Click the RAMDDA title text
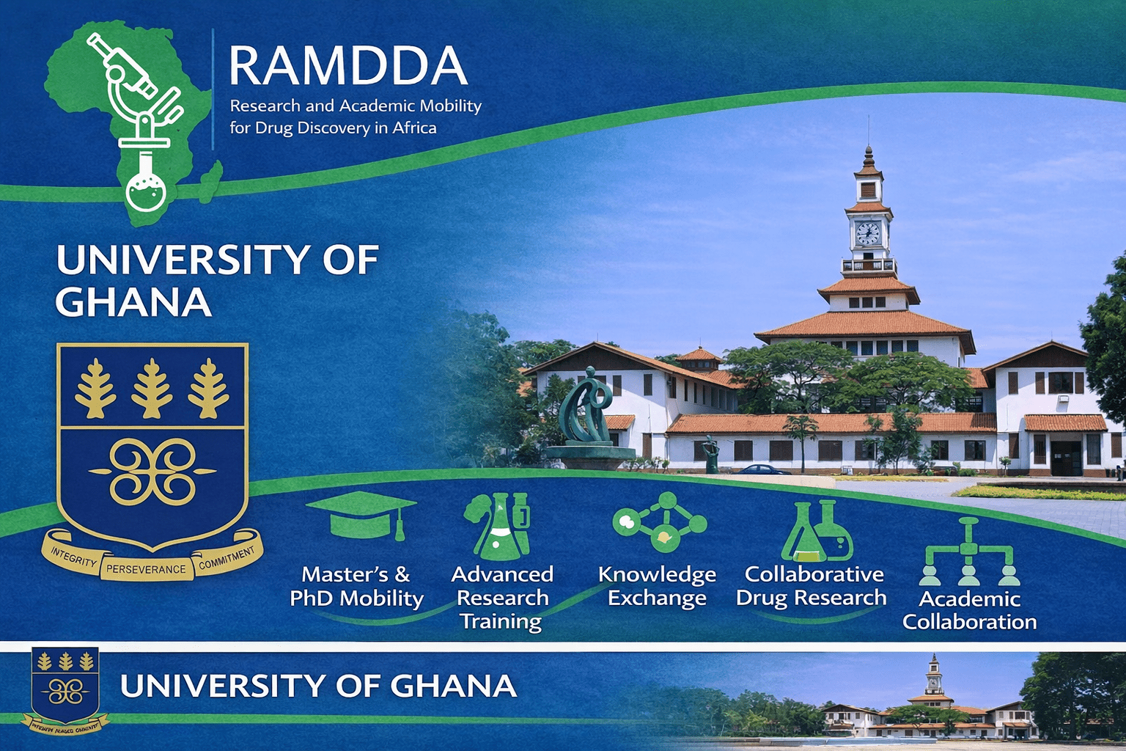[x=347, y=66]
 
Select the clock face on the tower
[x=868, y=234]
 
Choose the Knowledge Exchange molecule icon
[x=660, y=521]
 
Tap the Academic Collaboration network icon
[x=969, y=552]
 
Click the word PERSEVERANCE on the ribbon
[x=147, y=569]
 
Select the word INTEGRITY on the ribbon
[x=74, y=559]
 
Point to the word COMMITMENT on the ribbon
[x=227, y=559]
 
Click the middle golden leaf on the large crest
[x=152, y=389]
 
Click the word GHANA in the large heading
[x=133, y=302]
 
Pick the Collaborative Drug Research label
[x=812, y=586]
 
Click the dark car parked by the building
[x=762, y=470]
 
